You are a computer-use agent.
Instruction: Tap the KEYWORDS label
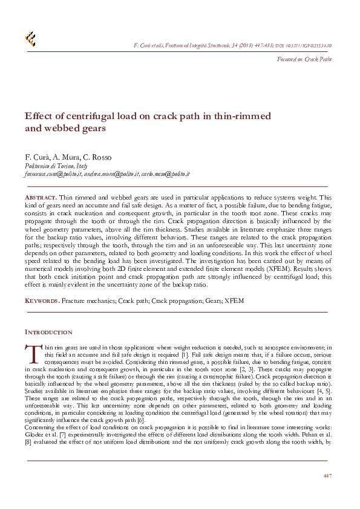tap(42, 300)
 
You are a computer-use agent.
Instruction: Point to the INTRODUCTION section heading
tap(48, 332)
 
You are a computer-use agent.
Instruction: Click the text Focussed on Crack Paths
tap(304, 59)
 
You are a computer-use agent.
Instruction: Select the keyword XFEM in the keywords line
tap(234, 300)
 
